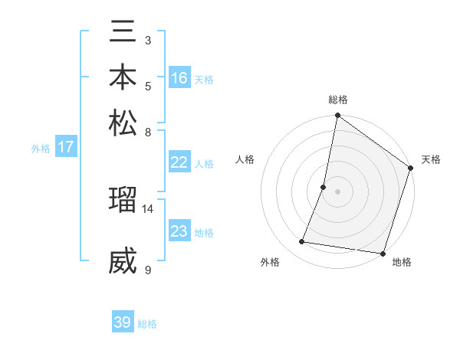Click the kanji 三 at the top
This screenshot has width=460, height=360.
pos(123,34)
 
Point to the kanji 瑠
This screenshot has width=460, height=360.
pos(123,201)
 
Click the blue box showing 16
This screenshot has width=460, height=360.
pos(179,78)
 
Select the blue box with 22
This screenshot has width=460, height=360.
pos(179,162)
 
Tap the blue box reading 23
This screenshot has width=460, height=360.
pos(179,232)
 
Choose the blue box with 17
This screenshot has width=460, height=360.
pos(66,148)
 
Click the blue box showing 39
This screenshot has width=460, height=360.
pos(123,322)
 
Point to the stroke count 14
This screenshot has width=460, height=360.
pos(148,208)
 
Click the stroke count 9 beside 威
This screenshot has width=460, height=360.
pos(148,270)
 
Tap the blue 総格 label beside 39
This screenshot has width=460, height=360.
pos(147,324)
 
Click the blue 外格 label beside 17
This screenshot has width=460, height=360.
pos(41,149)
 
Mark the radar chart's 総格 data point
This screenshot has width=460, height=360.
pos(337,116)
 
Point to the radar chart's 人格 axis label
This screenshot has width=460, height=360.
pos(245,160)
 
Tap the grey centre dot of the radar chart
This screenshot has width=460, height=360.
pos(337,191)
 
